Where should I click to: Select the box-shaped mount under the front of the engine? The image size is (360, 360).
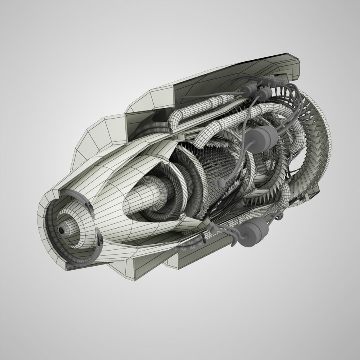(147, 267)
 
